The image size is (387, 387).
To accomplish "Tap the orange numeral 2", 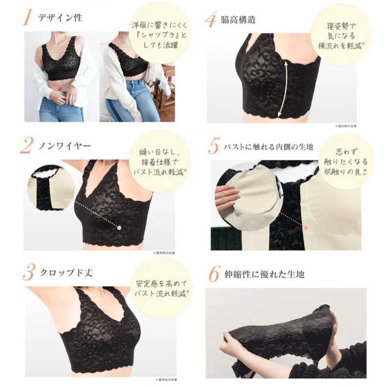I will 27,145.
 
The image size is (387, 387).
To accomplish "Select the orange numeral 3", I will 27,272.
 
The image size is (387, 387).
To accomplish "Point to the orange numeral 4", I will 211,19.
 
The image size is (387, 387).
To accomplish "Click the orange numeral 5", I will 213,147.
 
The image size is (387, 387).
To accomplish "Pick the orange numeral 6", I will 213,273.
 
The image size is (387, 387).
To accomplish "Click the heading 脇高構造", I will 239,19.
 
